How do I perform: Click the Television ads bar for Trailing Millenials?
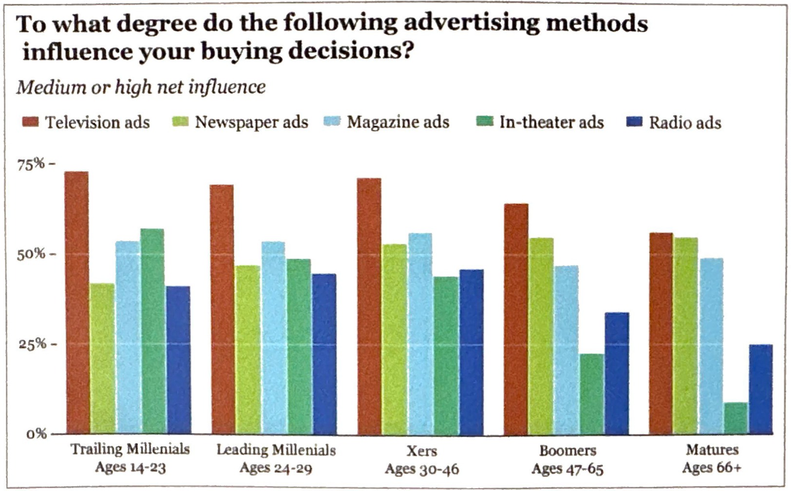tap(76, 302)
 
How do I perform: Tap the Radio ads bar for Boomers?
tap(617, 373)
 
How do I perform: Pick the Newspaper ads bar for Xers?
tap(394, 339)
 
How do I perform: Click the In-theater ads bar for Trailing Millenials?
tap(152, 331)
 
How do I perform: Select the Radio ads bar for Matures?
tap(760, 389)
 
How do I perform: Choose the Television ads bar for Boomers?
tap(516, 319)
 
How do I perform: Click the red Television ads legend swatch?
tap(30, 121)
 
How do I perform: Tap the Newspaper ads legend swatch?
tap(180, 121)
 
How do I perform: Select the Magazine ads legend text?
tap(398, 122)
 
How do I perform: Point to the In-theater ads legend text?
tap(551, 122)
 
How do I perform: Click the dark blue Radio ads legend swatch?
tap(634, 121)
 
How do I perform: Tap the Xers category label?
tap(421, 451)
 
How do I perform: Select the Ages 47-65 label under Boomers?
tap(567, 469)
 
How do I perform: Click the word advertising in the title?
tap(471, 23)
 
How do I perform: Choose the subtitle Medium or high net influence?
tap(141, 87)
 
